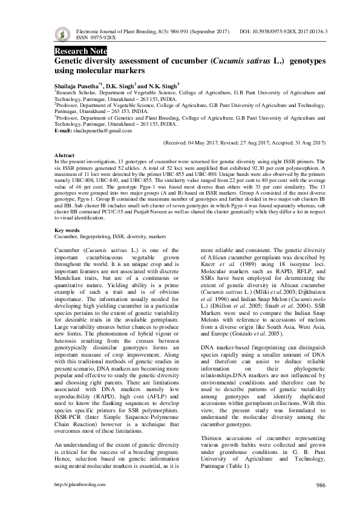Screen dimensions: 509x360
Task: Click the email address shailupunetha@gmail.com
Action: click(x=103, y=131)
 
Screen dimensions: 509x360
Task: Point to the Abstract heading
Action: click(x=64, y=155)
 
